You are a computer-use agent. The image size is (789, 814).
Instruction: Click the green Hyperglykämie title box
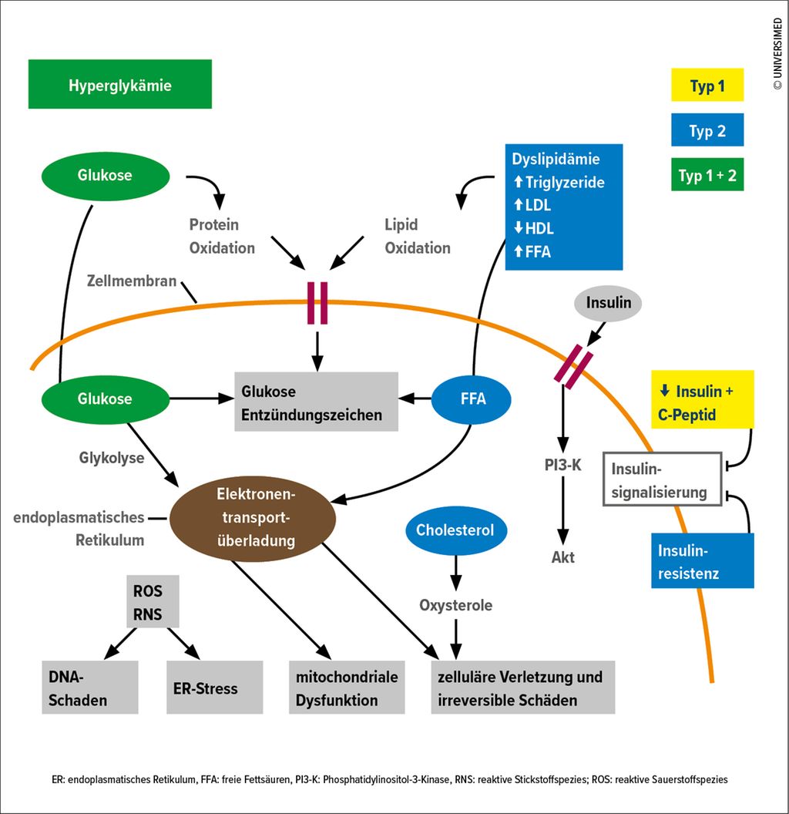pyautogui.click(x=119, y=85)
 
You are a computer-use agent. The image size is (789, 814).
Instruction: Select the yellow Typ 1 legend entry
pyautogui.click(x=707, y=86)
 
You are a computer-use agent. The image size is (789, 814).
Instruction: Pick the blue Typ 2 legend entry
pyautogui.click(x=707, y=130)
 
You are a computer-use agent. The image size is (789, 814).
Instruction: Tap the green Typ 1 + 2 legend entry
pyautogui.click(x=707, y=175)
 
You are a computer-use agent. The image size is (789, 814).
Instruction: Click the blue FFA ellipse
pyautogui.click(x=472, y=399)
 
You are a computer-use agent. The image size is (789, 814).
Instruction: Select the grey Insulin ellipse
pyautogui.click(x=608, y=302)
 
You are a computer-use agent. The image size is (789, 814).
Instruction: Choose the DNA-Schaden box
pyautogui.click(x=89, y=688)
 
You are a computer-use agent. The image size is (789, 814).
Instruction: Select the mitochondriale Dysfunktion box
pyautogui.click(x=347, y=688)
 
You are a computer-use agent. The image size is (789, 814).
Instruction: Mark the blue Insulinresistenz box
pyautogui.click(x=702, y=561)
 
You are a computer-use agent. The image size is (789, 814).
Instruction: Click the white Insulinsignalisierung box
pyautogui.click(x=662, y=479)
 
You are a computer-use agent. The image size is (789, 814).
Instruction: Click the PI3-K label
pyautogui.click(x=562, y=465)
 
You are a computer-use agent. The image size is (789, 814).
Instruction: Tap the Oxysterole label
pyautogui.click(x=455, y=605)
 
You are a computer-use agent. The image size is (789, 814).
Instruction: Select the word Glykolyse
pyautogui.click(x=112, y=458)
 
